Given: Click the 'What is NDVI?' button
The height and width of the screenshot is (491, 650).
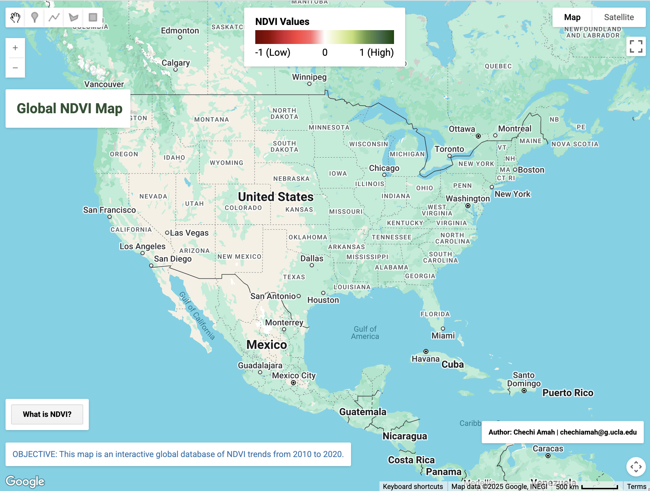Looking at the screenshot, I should tap(47, 414).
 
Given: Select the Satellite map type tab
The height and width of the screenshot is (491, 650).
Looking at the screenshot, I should tap(619, 17).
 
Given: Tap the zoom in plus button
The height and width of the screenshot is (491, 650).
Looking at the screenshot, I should tap(15, 48).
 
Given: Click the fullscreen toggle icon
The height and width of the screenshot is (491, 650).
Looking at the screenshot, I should tap(636, 46).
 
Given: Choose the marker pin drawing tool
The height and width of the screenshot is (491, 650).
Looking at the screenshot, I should tap(35, 17).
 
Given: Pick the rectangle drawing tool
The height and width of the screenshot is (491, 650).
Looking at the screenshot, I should tap(93, 17).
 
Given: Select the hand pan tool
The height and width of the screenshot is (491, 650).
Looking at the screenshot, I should tap(15, 17).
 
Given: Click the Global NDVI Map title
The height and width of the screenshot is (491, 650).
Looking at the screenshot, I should tap(69, 108).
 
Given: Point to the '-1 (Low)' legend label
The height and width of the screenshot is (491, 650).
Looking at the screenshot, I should tap(273, 53).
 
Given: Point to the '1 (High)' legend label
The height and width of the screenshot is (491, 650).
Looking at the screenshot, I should tap(376, 53).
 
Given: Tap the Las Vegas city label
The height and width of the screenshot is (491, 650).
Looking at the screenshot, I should tap(189, 233).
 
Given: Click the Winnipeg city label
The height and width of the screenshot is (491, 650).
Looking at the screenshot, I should tap(309, 77).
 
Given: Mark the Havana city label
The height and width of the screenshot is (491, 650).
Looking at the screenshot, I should tap(426, 359).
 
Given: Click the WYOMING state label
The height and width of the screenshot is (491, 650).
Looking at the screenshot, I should tap(226, 163).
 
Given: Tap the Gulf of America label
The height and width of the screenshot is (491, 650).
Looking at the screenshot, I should tap(365, 333).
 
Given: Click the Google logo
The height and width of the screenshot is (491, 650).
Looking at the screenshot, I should tap(25, 481).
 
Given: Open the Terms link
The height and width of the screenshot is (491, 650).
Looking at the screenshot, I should tap(636, 486).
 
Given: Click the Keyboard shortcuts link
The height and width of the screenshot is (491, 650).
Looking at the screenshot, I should tap(413, 486).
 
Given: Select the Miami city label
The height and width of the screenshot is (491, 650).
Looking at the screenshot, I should tap(443, 336).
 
